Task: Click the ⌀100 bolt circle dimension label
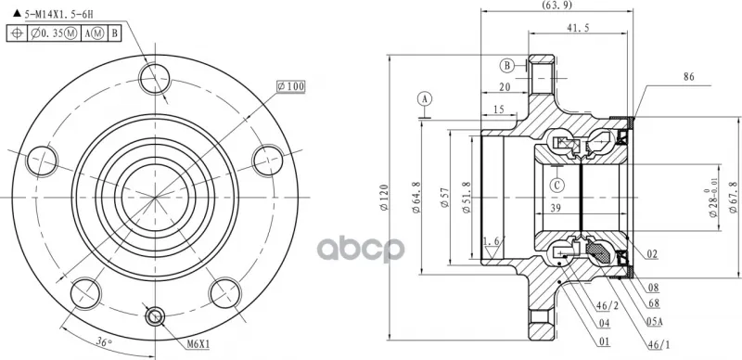(291, 86)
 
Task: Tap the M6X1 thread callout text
(198, 344)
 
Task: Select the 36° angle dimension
(104, 341)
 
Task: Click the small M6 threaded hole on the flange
(155, 316)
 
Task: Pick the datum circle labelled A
(425, 99)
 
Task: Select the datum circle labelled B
(507, 65)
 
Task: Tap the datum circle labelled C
(557, 185)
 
